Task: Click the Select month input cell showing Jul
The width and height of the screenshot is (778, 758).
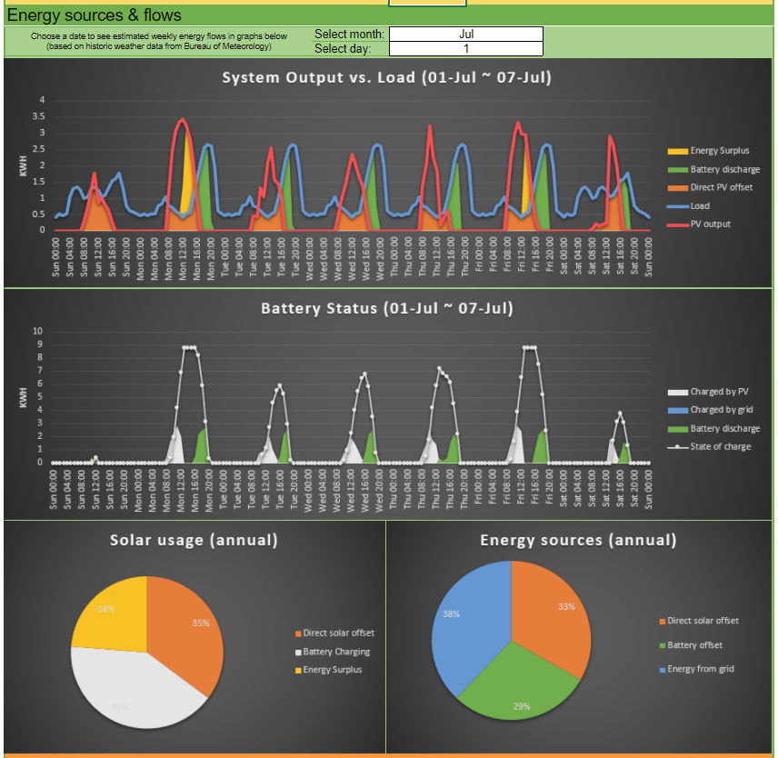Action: point(465,35)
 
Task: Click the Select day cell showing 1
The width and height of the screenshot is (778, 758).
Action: point(465,48)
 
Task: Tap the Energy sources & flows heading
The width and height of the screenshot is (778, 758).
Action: point(95,15)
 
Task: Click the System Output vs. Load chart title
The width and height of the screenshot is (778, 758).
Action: point(387,77)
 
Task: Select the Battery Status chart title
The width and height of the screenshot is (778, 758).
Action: point(387,308)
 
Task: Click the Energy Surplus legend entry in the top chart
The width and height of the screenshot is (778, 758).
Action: point(720,151)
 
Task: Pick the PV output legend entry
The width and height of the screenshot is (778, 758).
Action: point(710,224)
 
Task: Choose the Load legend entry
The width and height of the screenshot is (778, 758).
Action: point(700,205)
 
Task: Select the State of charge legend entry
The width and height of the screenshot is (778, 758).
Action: point(721,446)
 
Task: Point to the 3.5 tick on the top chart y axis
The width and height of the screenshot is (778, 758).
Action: point(39,116)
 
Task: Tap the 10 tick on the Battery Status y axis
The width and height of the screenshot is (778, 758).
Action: point(37,330)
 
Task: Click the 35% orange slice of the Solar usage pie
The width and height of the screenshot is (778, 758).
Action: point(186,627)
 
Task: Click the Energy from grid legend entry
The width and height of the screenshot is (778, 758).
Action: point(701,669)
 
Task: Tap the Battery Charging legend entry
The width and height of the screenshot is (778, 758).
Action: point(336,652)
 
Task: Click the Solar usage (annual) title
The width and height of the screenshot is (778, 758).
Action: point(194,540)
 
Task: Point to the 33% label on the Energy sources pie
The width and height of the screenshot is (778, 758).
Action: point(566,606)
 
